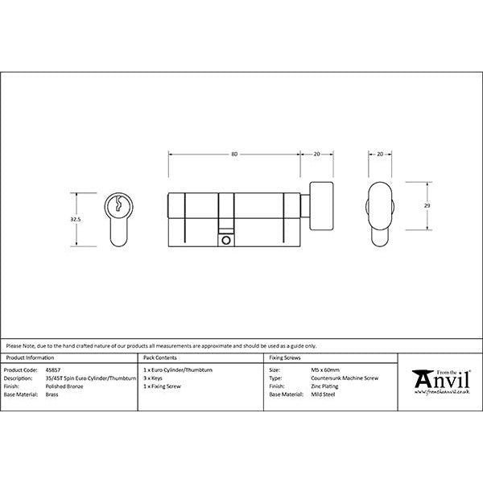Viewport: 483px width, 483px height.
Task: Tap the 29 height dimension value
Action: (x=427, y=206)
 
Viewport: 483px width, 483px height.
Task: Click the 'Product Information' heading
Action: (x=30, y=357)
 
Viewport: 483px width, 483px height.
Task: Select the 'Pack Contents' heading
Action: (x=160, y=357)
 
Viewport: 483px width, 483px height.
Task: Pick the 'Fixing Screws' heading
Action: (x=284, y=357)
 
